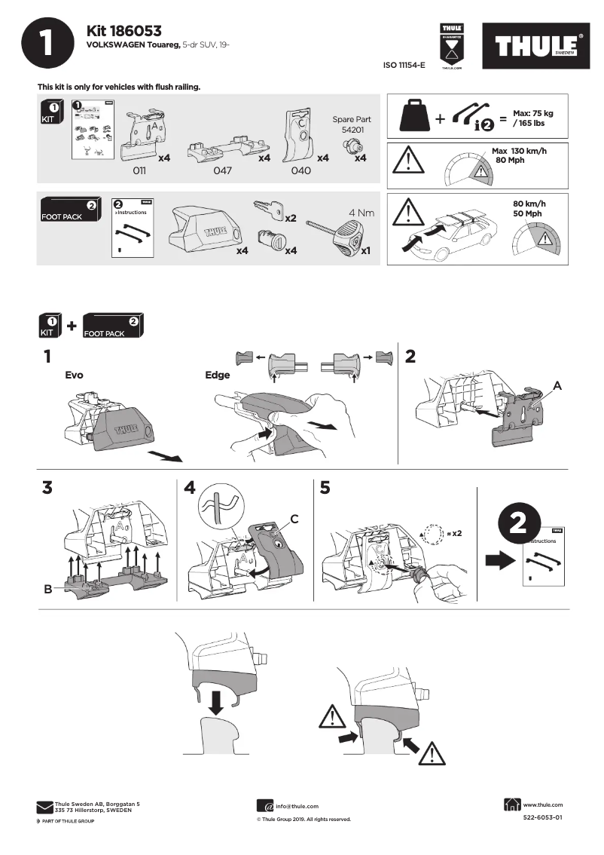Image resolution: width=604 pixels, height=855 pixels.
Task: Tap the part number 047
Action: tap(222, 171)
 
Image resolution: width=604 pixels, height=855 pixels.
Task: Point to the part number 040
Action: tap(300, 171)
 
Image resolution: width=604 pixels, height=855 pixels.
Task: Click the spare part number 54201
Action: tap(352, 130)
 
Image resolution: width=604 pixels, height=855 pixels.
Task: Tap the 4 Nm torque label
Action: tap(361, 213)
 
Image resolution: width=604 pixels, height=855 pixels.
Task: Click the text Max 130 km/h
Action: tap(520, 152)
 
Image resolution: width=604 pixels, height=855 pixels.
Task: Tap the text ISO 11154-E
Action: tap(404, 66)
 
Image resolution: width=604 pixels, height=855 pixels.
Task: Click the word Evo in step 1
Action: tap(74, 374)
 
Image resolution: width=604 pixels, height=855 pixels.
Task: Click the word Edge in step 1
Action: tap(217, 375)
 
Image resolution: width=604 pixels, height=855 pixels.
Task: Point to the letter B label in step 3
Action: tap(47, 589)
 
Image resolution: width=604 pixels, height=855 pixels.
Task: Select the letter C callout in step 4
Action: tap(294, 519)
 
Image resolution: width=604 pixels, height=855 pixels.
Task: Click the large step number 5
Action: tap(325, 488)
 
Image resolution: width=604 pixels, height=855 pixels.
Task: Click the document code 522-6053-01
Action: tap(542, 817)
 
